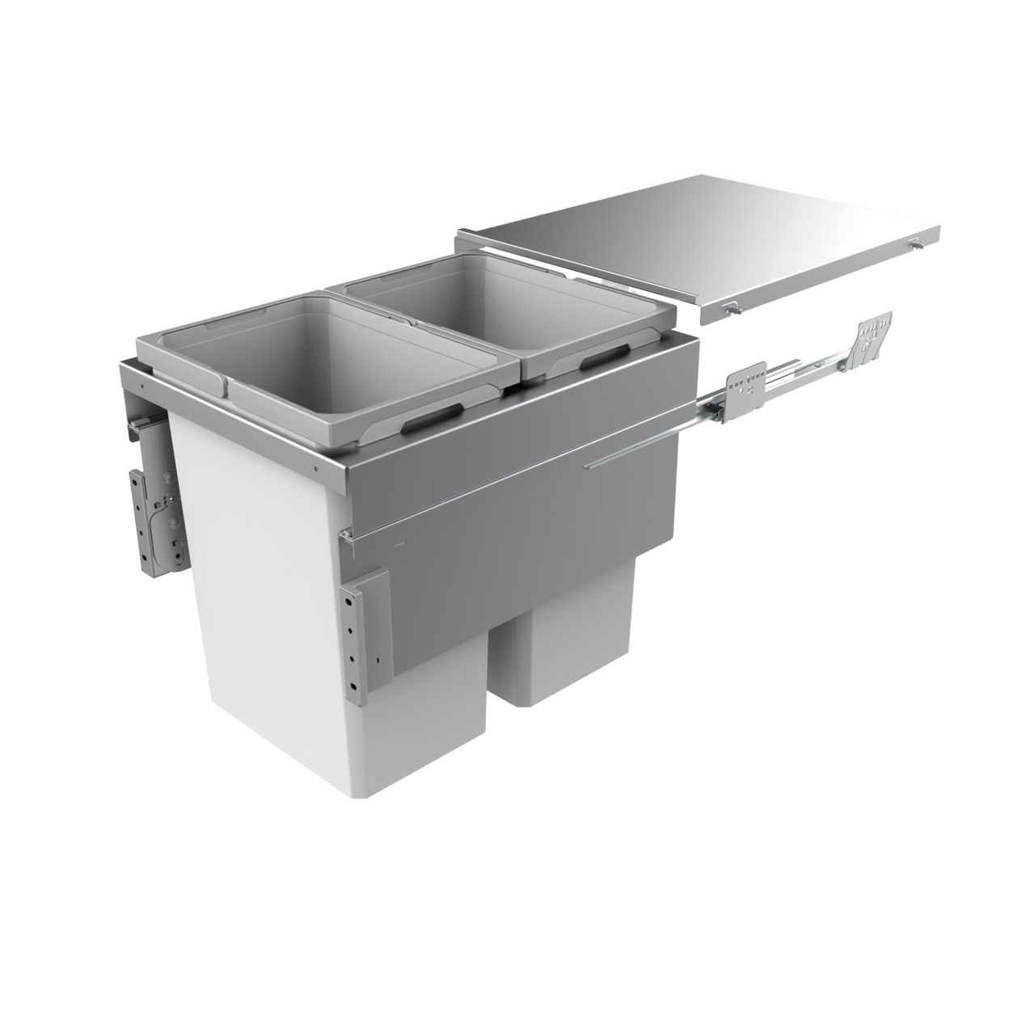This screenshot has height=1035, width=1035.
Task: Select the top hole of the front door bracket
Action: coord(352,596)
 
